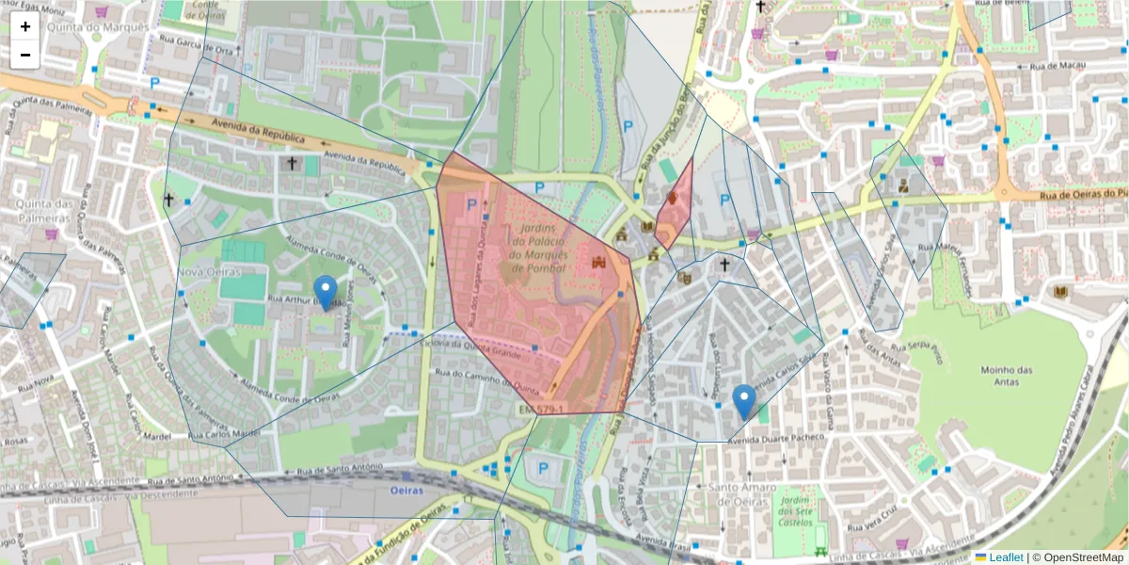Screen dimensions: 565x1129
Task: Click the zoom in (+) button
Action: tap(25, 26)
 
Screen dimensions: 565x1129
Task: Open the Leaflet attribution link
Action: tap(1006, 557)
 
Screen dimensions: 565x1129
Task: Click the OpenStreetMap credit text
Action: tap(1082, 557)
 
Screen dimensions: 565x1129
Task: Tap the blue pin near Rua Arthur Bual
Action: tap(326, 293)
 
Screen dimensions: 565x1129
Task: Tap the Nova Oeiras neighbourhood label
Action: tap(208, 272)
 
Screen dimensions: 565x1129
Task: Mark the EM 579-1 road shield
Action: tap(541, 409)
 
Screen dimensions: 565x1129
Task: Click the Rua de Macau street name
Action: tap(1054, 66)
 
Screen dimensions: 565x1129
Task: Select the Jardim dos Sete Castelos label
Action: tap(796, 509)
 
